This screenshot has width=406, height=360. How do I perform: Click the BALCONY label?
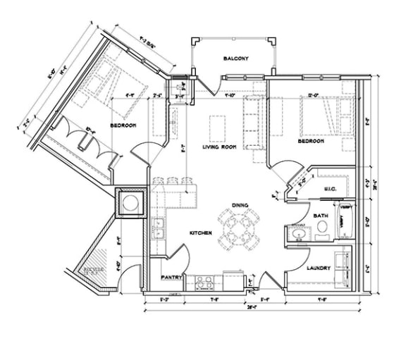tap(234, 58)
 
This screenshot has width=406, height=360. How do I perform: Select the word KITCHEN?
tap(201, 232)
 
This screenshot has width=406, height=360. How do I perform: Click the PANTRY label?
tap(172, 278)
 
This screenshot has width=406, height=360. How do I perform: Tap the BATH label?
tap(321, 216)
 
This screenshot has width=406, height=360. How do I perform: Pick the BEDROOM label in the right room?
tap(310, 141)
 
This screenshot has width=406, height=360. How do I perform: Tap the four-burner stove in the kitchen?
tap(204, 280)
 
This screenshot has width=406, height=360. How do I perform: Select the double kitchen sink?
tap(159, 228)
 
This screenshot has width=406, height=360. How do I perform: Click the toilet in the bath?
tap(322, 228)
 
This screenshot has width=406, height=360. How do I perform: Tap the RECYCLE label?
tap(94, 270)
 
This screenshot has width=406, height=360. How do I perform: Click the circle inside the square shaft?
tap(130, 204)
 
